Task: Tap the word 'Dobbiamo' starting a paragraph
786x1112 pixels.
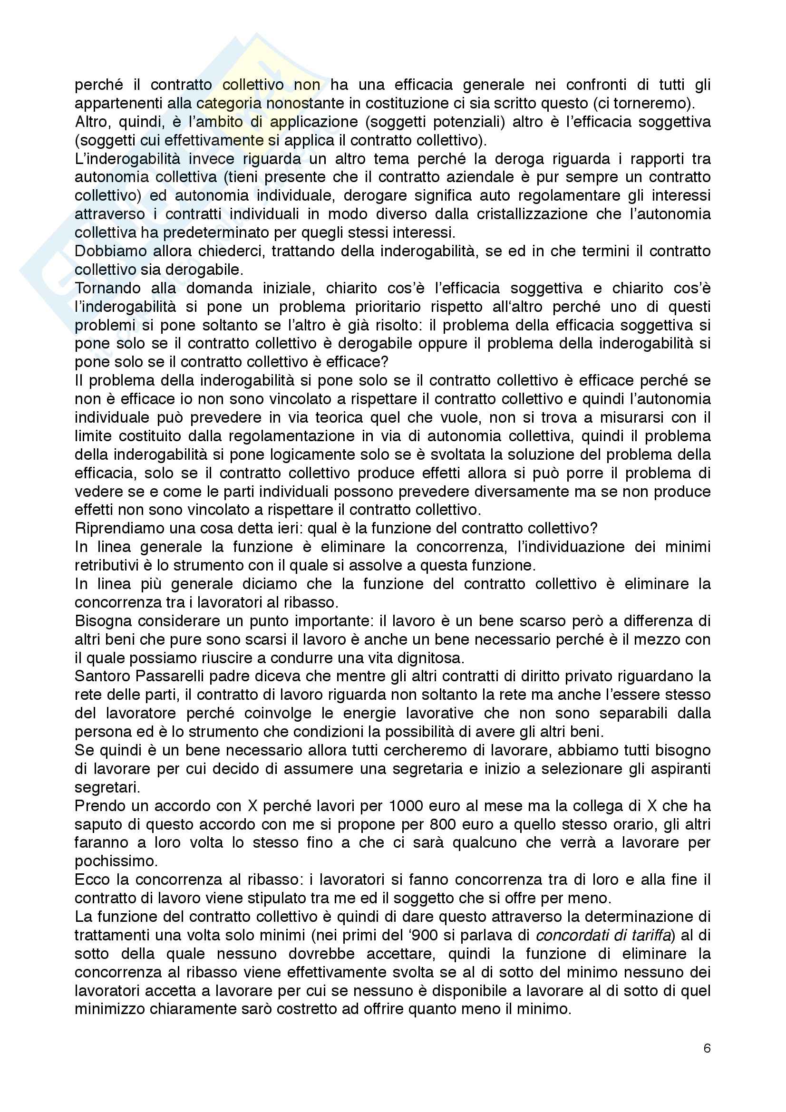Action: (109, 251)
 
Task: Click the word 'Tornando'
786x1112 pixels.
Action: (106, 288)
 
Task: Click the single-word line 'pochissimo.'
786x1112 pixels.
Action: (109, 861)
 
